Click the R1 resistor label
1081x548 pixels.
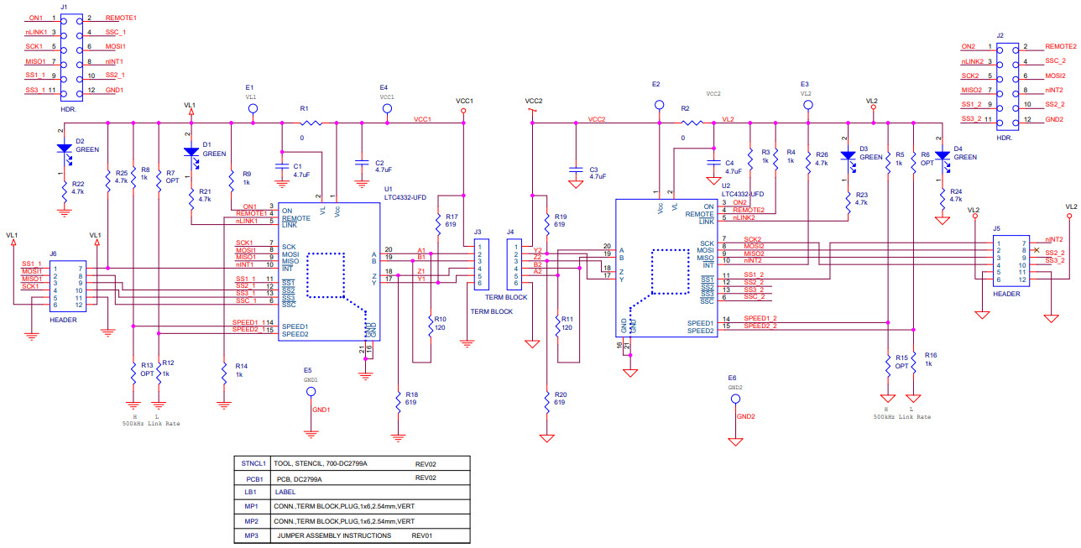pyautogui.click(x=304, y=110)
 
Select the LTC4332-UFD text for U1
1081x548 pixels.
pyautogui.click(x=405, y=197)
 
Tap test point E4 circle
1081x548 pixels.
pyautogui.click(x=387, y=108)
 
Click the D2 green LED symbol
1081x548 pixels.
pyautogui.click(x=65, y=149)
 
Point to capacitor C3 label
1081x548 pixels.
pyautogui.click(x=593, y=168)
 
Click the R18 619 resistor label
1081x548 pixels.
pyautogui.click(x=411, y=398)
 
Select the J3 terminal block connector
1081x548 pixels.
pyautogui.click(x=478, y=264)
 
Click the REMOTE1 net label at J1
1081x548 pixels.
pyautogui.click(x=121, y=18)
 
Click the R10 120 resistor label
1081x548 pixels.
pyautogui.click(x=440, y=323)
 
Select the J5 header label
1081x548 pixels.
pyautogui.click(x=996, y=227)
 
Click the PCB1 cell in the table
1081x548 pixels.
pyautogui.click(x=254, y=478)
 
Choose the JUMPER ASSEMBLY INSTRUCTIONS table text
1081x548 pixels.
pyautogui.click(x=334, y=535)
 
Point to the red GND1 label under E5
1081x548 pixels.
pyautogui.click(x=321, y=410)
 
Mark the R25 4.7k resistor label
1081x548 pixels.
pyautogui.click(x=121, y=176)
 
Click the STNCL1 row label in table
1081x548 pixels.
pyautogui.click(x=254, y=463)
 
